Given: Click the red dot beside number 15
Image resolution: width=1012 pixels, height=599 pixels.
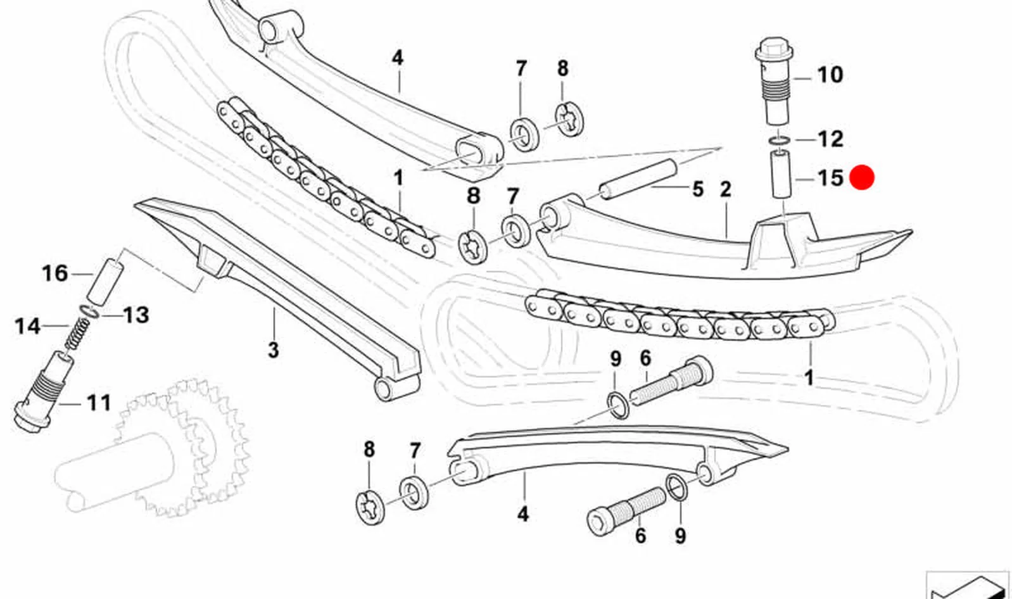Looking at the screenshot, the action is coord(862,177).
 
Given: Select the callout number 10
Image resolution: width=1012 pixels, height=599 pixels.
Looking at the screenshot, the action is coord(830,75).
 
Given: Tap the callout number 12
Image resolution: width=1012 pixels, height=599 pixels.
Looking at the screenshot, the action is coord(830,139).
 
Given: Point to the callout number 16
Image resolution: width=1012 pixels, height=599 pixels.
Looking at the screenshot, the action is coord(54,274).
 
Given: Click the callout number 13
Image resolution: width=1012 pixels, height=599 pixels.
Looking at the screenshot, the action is coord(136,315).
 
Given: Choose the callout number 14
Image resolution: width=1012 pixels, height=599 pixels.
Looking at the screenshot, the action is coord(28,326).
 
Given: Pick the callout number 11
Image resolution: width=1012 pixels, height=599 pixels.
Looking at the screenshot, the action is coord(98,403).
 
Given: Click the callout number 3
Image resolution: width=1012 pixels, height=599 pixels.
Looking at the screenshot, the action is coord(274,350).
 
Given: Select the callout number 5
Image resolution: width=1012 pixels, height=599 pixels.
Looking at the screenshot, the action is coord(697,189).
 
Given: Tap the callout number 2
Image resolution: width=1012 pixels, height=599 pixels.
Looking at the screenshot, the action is coord(725,189).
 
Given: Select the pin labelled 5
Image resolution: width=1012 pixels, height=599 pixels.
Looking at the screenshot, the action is coord(638,177).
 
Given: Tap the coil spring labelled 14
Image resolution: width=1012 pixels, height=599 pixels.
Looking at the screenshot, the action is coord(77,334).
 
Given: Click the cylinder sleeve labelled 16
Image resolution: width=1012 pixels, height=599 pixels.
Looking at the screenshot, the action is coord(105,280).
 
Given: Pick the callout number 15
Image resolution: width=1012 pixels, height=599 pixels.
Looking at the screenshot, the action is coord(831,177).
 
